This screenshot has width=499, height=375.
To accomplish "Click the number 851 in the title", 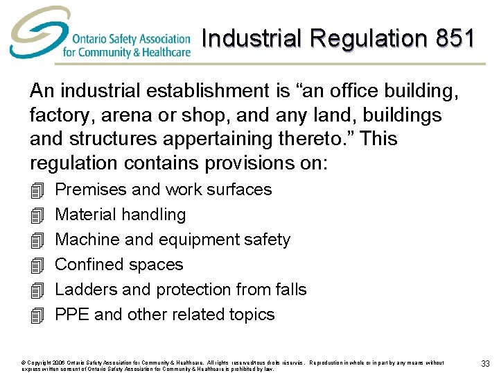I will tap(455, 38).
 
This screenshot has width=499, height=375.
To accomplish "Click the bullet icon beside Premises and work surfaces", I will tap(37, 190).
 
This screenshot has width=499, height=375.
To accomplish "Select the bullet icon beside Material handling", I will tap(37, 215).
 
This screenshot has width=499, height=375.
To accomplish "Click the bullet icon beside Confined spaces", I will tap(37, 265).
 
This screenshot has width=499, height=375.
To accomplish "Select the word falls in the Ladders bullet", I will tap(290, 290).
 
